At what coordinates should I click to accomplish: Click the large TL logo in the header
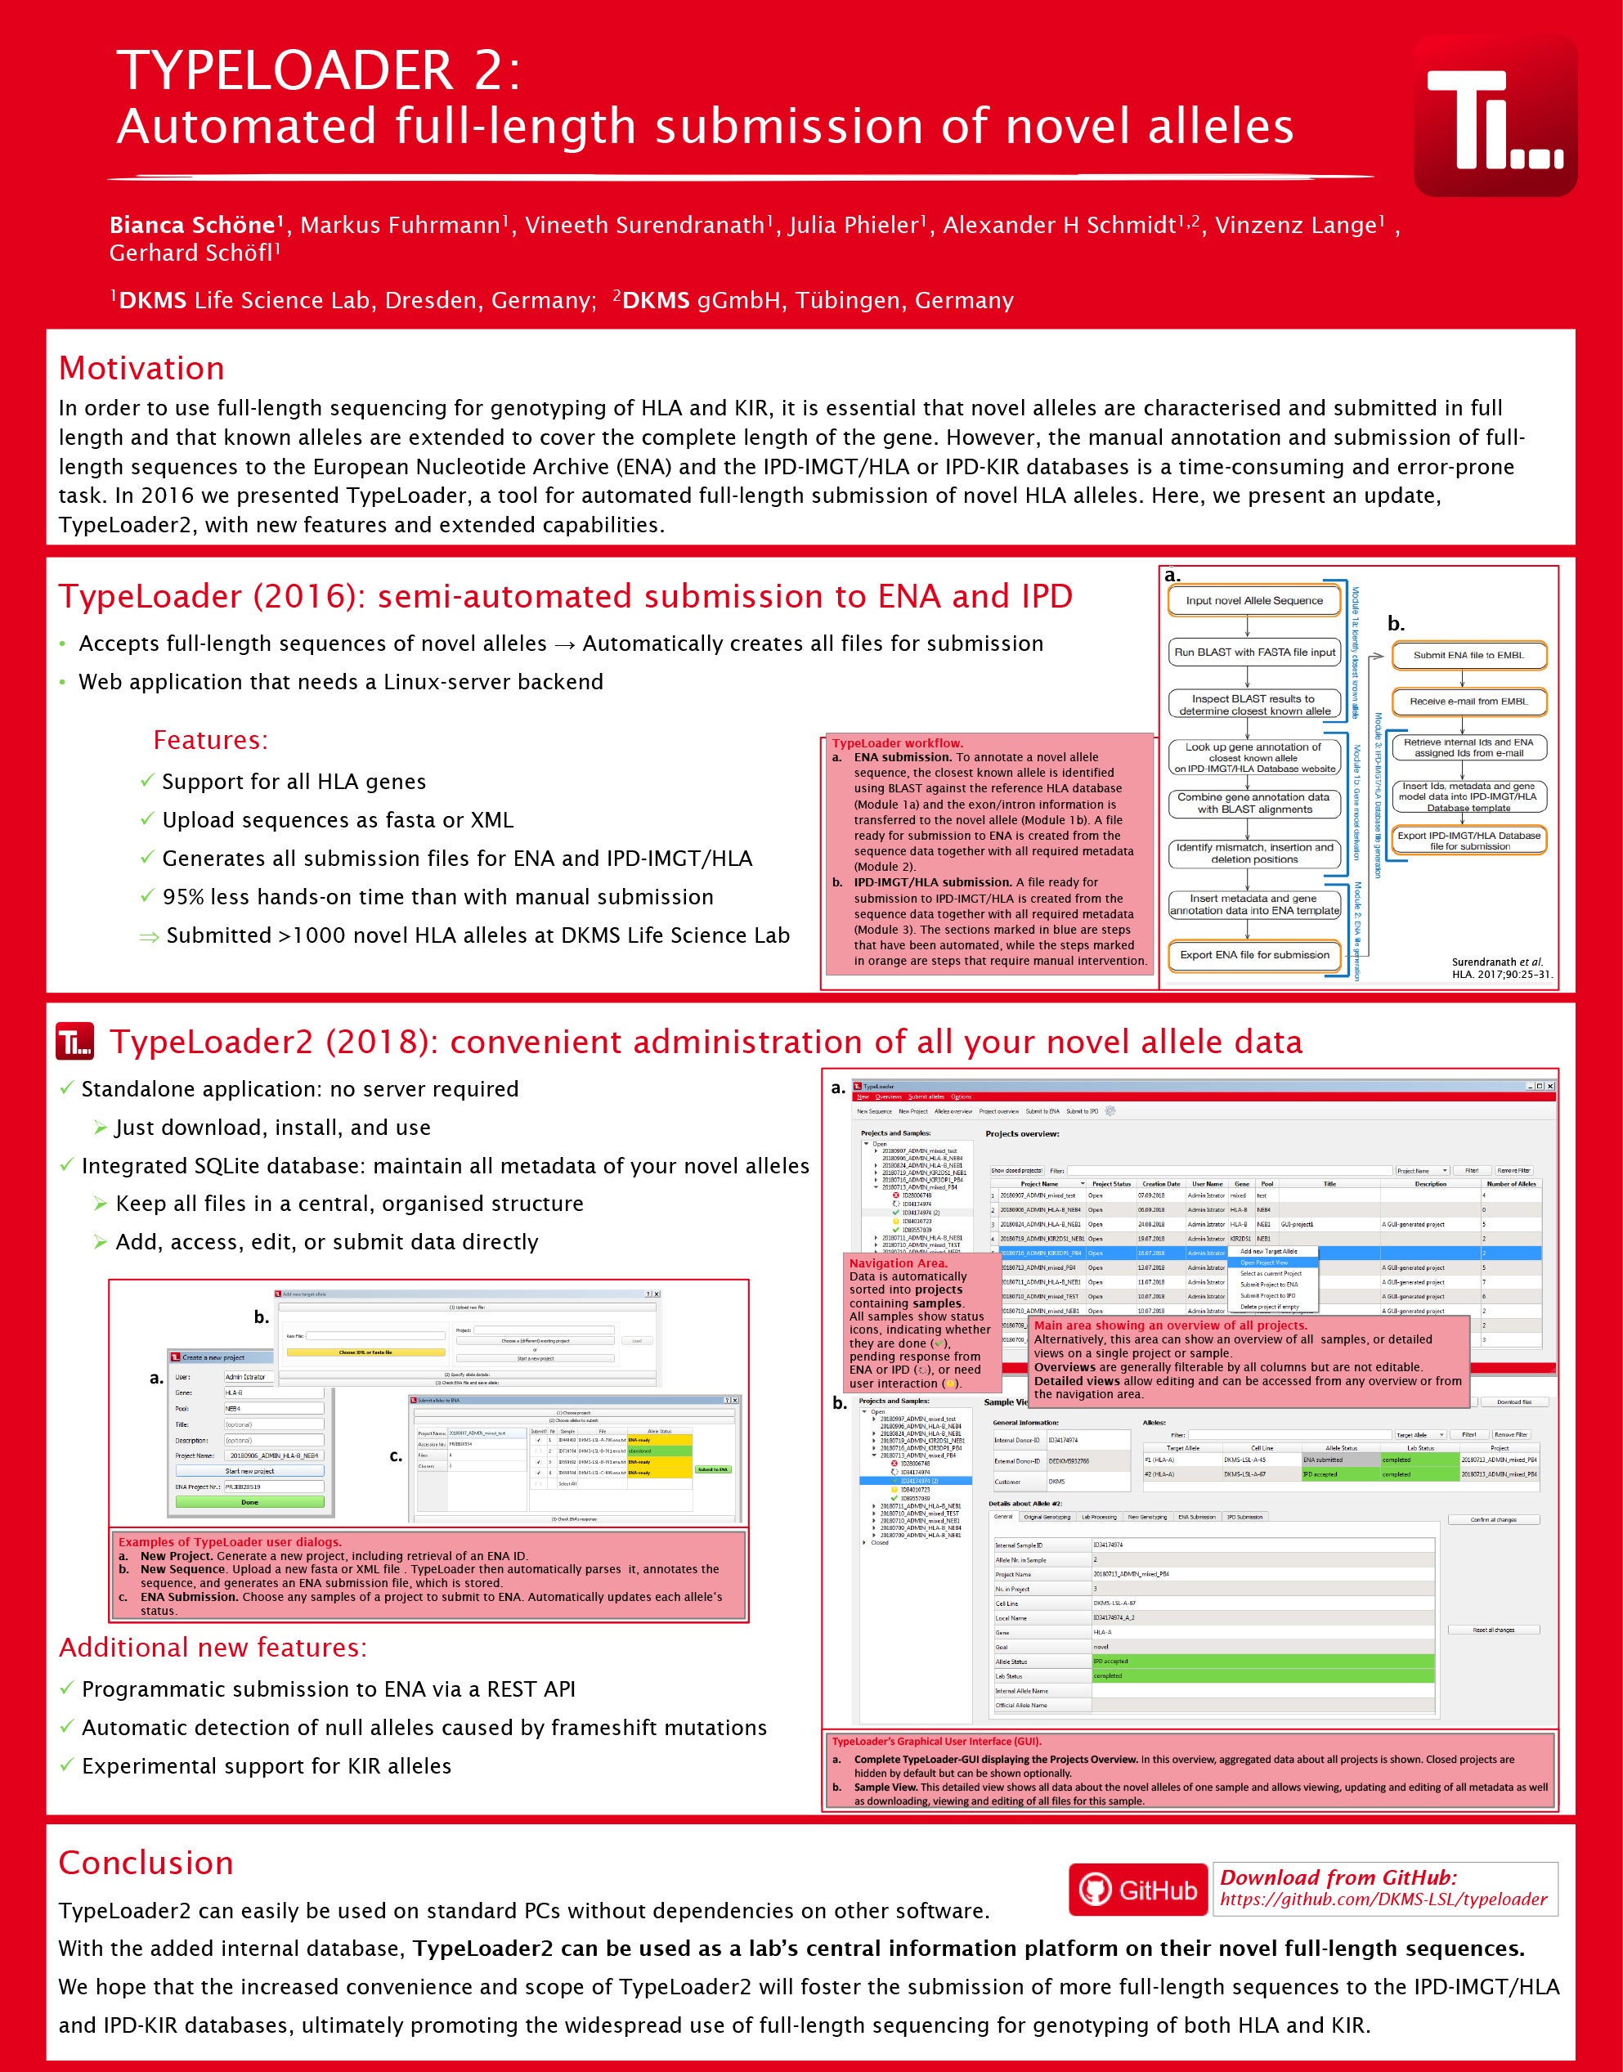click(x=1495, y=118)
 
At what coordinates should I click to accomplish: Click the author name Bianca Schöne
click(x=192, y=225)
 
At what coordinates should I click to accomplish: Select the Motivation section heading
click(x=141, y=368)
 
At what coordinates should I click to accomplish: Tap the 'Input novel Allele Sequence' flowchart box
click(x=1253, y=600)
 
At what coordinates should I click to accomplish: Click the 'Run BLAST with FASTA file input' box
click(x=1254, y=652)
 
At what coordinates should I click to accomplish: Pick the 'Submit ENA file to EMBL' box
click(x=1468, y=655)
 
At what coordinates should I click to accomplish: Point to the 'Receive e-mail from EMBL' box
click(x=1468, y=701)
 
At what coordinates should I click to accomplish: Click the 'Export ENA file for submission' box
click(x=1254, y=955)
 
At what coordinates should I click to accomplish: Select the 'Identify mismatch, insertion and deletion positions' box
click(x=1254, y=853)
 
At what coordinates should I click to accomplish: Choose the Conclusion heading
click(x=146, y=1863)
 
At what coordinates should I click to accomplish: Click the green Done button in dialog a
click(x=249, y=1502)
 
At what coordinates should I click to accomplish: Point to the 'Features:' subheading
click(x=210, y=739)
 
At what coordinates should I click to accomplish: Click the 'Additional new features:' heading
click(x=213, y=1648)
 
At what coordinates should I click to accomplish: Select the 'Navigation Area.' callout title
click(x=898, y=1262)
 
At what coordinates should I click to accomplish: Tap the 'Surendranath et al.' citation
click(x=1496, y=962)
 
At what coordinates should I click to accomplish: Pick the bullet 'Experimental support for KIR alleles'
click(x=266, y=1766)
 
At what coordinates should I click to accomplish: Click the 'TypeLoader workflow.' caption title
click(x=897, y=743)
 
